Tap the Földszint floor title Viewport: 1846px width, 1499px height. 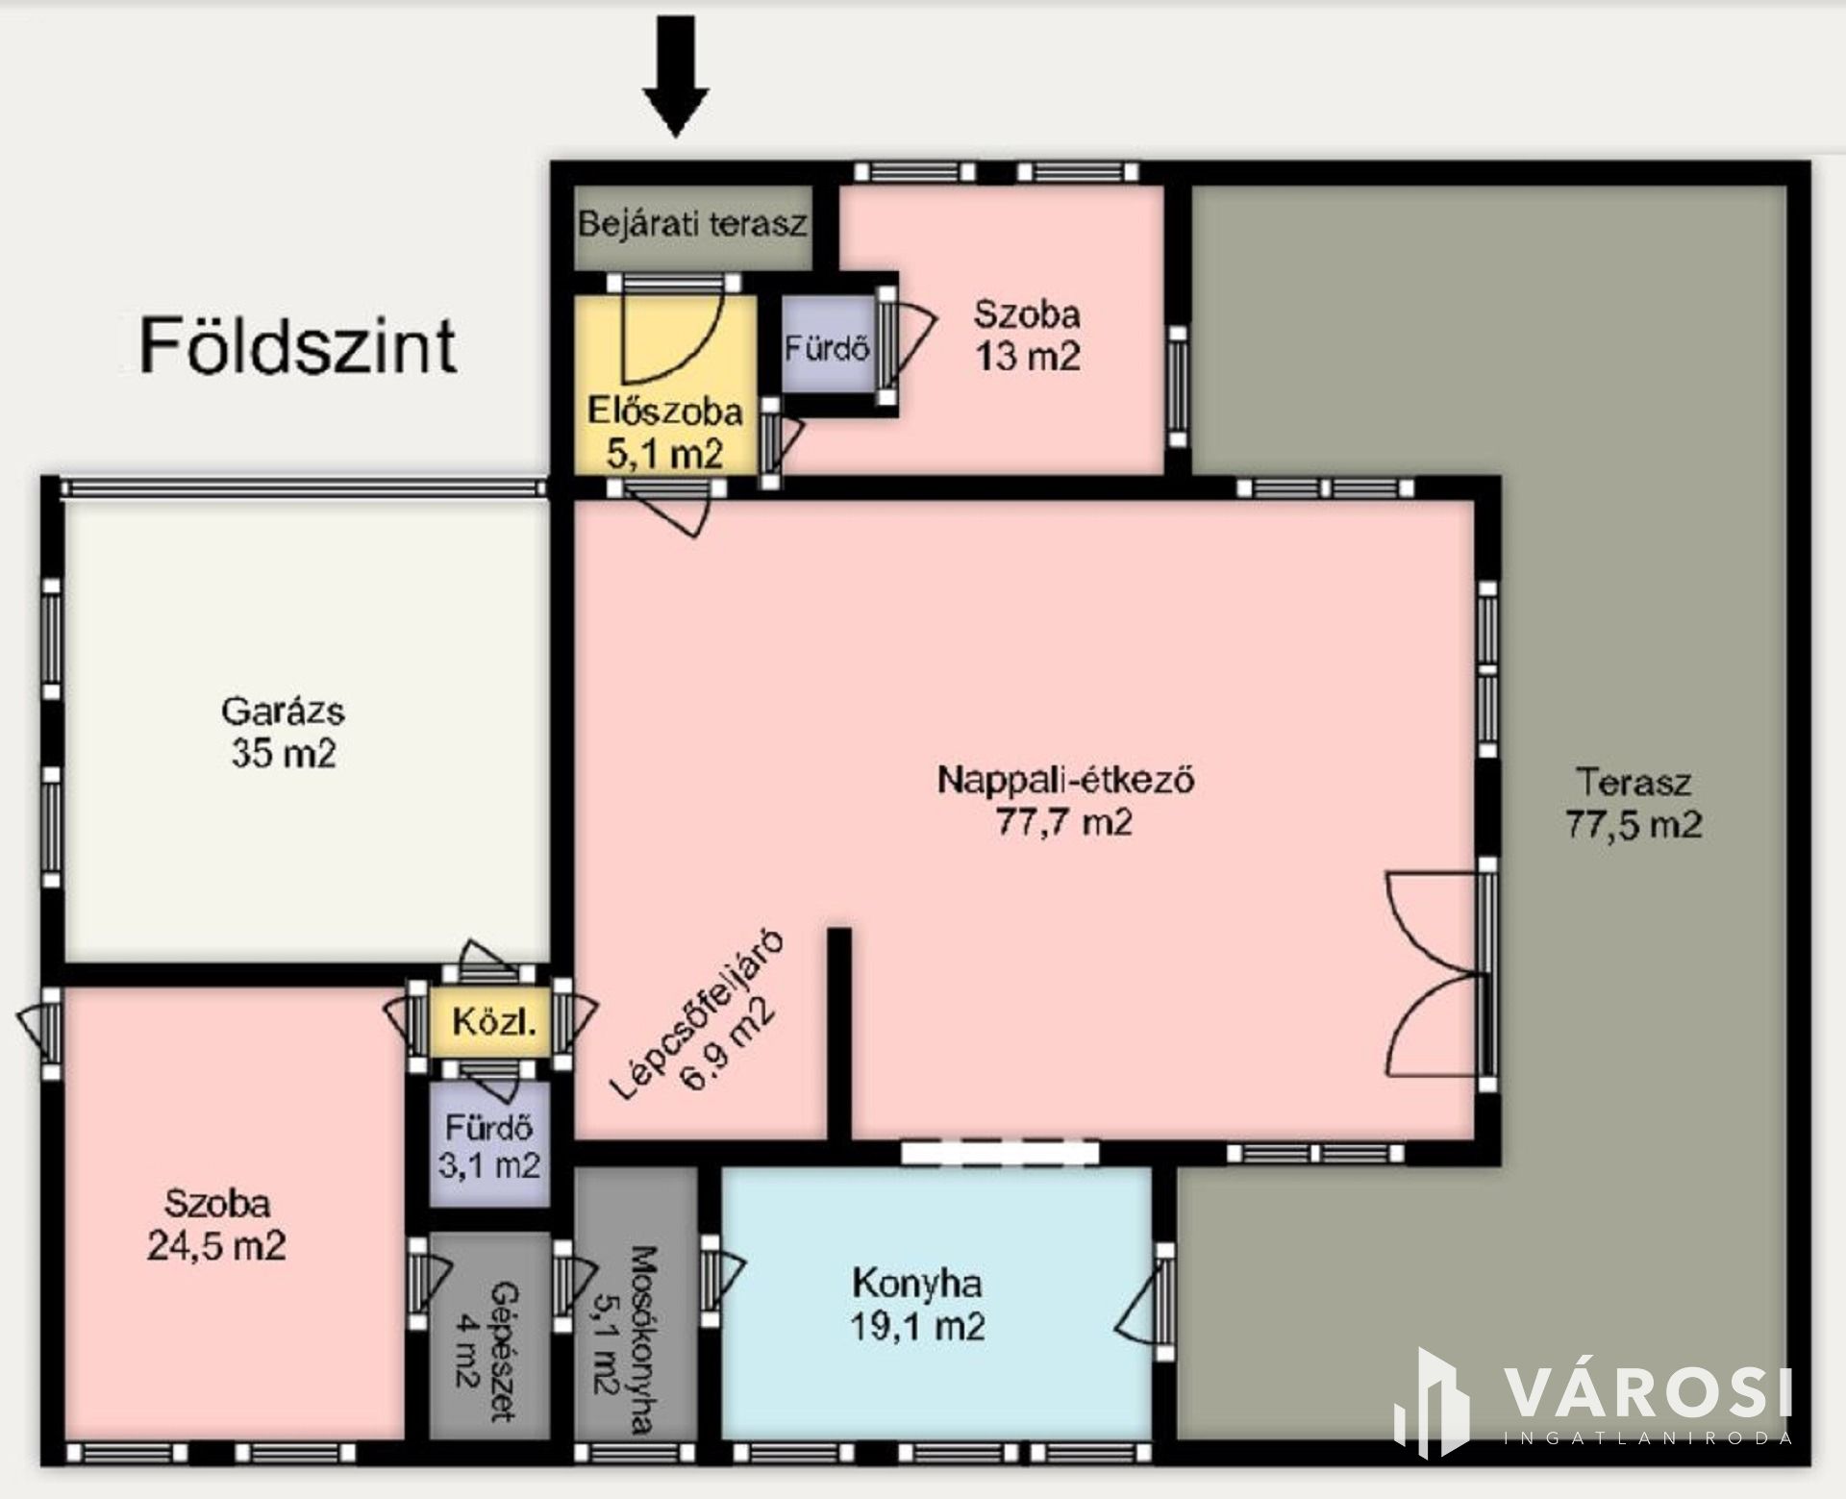(x=297, y=346)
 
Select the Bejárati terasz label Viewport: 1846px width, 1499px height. (x=692, y=224)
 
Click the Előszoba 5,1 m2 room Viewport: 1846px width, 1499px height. (x=665, y=385)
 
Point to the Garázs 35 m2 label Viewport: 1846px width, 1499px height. (x=283, y=732)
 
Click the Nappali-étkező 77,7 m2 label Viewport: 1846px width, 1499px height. (x=1065, y=800)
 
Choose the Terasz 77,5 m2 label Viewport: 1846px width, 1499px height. (x=1634, y=803)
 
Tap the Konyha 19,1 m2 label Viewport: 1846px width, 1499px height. (x=917, y=1305)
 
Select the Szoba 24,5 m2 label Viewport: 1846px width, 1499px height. (x=216, y=1224)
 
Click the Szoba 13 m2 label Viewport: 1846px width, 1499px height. (x=1028, y=335)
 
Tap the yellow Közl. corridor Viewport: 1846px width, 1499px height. (x=489, y=1022)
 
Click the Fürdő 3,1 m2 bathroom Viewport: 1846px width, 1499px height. (x=489, y=1144)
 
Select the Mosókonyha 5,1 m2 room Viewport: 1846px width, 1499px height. (x=636, y=1304)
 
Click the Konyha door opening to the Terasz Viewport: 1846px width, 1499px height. (x=1144, y=1302)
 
